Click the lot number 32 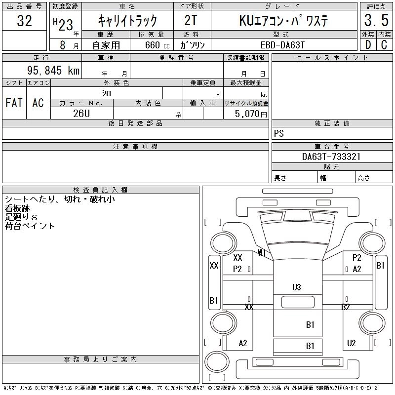(25, 21)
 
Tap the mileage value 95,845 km (54, 71)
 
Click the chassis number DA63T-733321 (331, 157)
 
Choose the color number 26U (81, 113)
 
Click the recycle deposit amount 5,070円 (246, 114)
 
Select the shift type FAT (14, 103)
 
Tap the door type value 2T (191, 21)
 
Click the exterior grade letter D (368, 45)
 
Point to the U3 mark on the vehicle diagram (297, 287)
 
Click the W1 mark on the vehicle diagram (262, 253)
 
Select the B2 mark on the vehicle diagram (346, 307)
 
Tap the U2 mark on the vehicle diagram (352, 343)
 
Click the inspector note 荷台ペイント (30, 226)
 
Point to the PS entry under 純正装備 (279, 134)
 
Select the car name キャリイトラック (127, 21)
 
